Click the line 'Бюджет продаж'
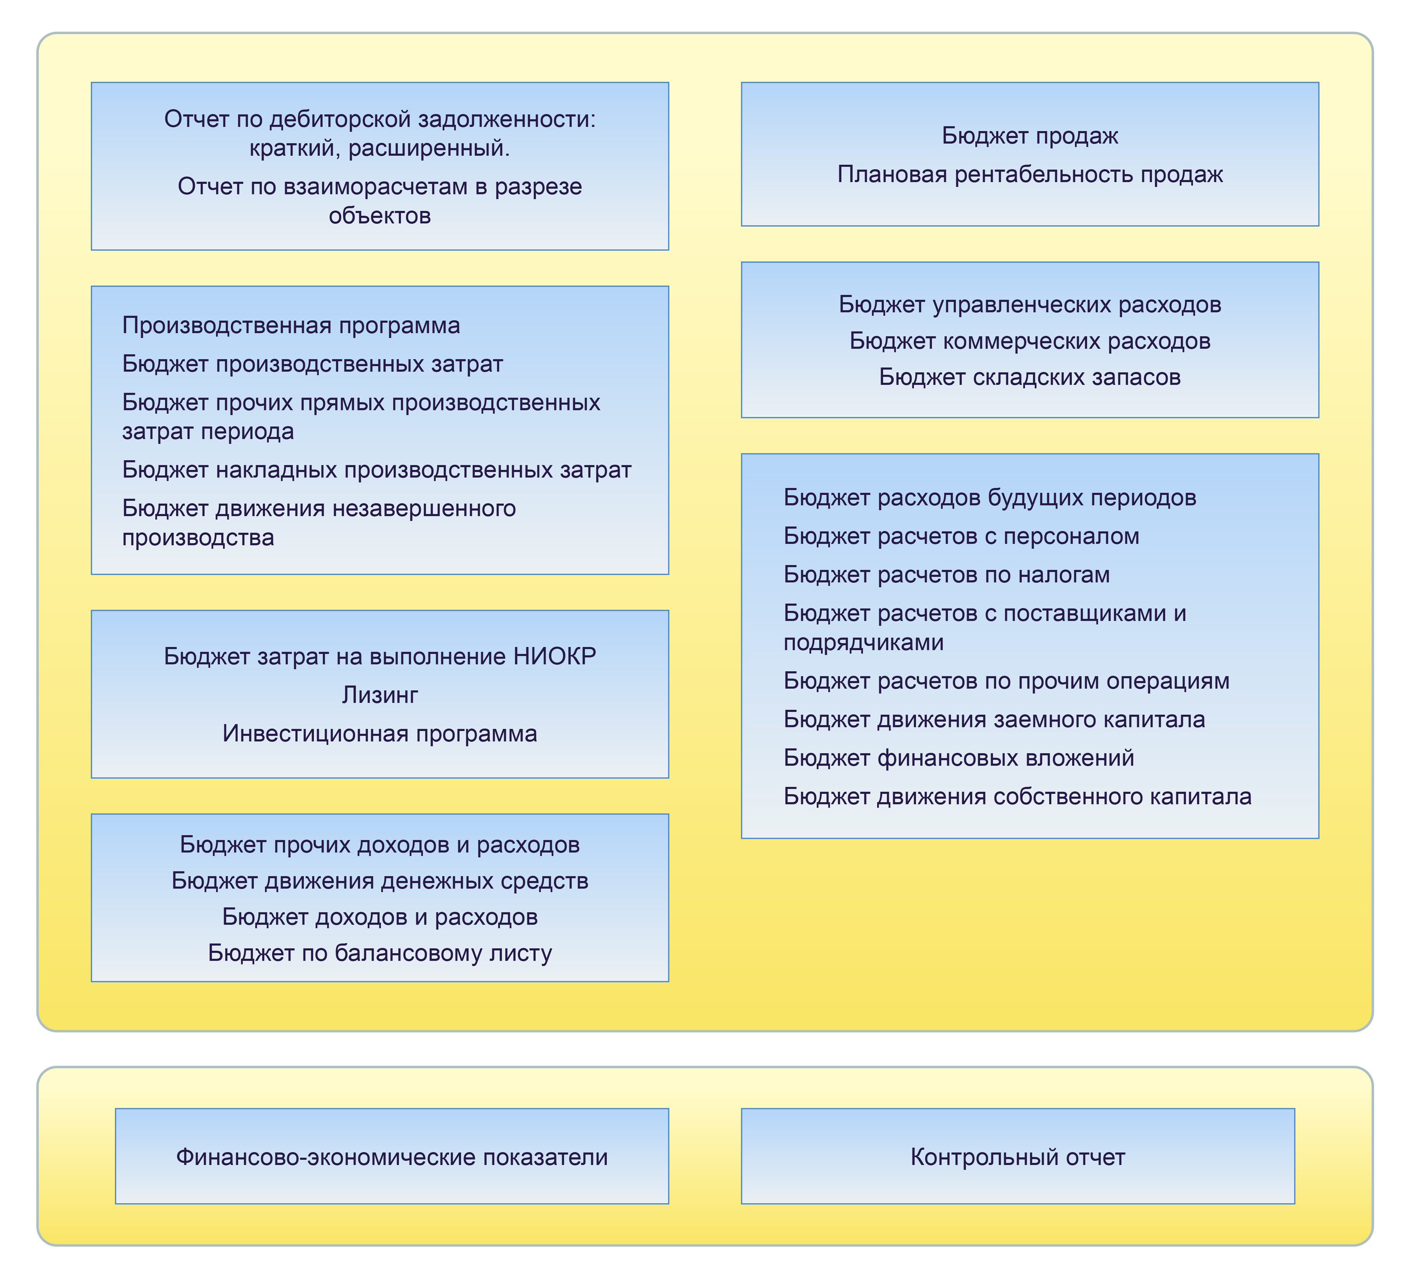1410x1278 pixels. [1030, 136]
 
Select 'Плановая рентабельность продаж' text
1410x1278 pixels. [1030, 174]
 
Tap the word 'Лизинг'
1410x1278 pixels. [380, 695]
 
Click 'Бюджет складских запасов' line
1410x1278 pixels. [1030, 377]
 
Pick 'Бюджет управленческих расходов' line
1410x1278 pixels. [1030, 304]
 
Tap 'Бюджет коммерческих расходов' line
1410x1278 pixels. [1030, 341]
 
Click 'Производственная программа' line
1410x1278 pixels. [291, 325]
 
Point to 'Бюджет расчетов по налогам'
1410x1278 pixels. [946, 574]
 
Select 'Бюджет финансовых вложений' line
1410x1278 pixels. [958, 758]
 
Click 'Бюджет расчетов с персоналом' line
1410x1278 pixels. [961, 536]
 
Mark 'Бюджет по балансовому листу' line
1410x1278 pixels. [380, 953]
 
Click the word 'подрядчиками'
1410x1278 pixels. [863, 642]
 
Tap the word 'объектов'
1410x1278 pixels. [380, 215]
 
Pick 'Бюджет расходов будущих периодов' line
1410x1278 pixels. [990, 497]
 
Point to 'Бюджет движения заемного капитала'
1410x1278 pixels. [994, 719]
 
